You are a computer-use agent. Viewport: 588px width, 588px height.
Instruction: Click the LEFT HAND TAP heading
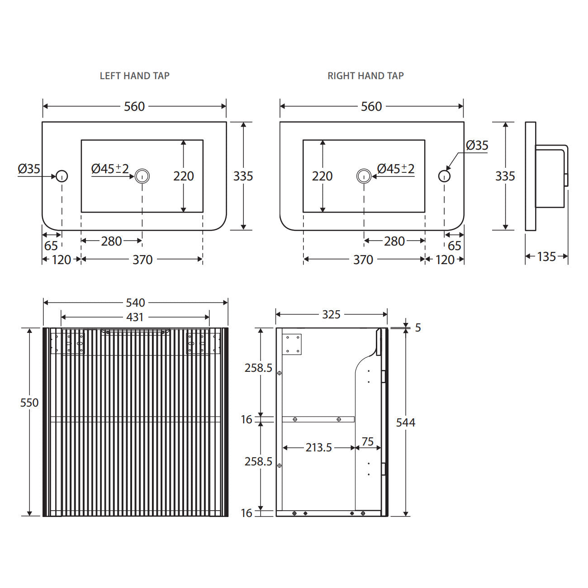click(x=135, y=76)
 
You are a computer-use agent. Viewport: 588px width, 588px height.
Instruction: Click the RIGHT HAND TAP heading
click(x=365, y=76)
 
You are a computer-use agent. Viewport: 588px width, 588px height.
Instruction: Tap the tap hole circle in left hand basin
click(x=62, y=176)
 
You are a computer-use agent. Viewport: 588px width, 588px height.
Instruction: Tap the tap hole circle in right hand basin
click(x=444, y=176)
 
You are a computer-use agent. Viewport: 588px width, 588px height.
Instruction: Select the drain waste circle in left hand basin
click(x=142, y=176)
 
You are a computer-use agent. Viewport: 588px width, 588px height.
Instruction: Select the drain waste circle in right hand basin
click(x=364, y=176)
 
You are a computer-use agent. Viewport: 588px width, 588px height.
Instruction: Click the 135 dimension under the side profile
click(x=546, y=256)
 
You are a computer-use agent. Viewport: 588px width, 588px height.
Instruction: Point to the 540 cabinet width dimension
click(x=136, y=303)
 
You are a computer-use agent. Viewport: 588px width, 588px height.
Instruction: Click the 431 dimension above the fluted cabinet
click(x=135, y=318)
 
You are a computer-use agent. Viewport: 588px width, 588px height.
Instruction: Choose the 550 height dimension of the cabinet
click(x=29, y=403)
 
